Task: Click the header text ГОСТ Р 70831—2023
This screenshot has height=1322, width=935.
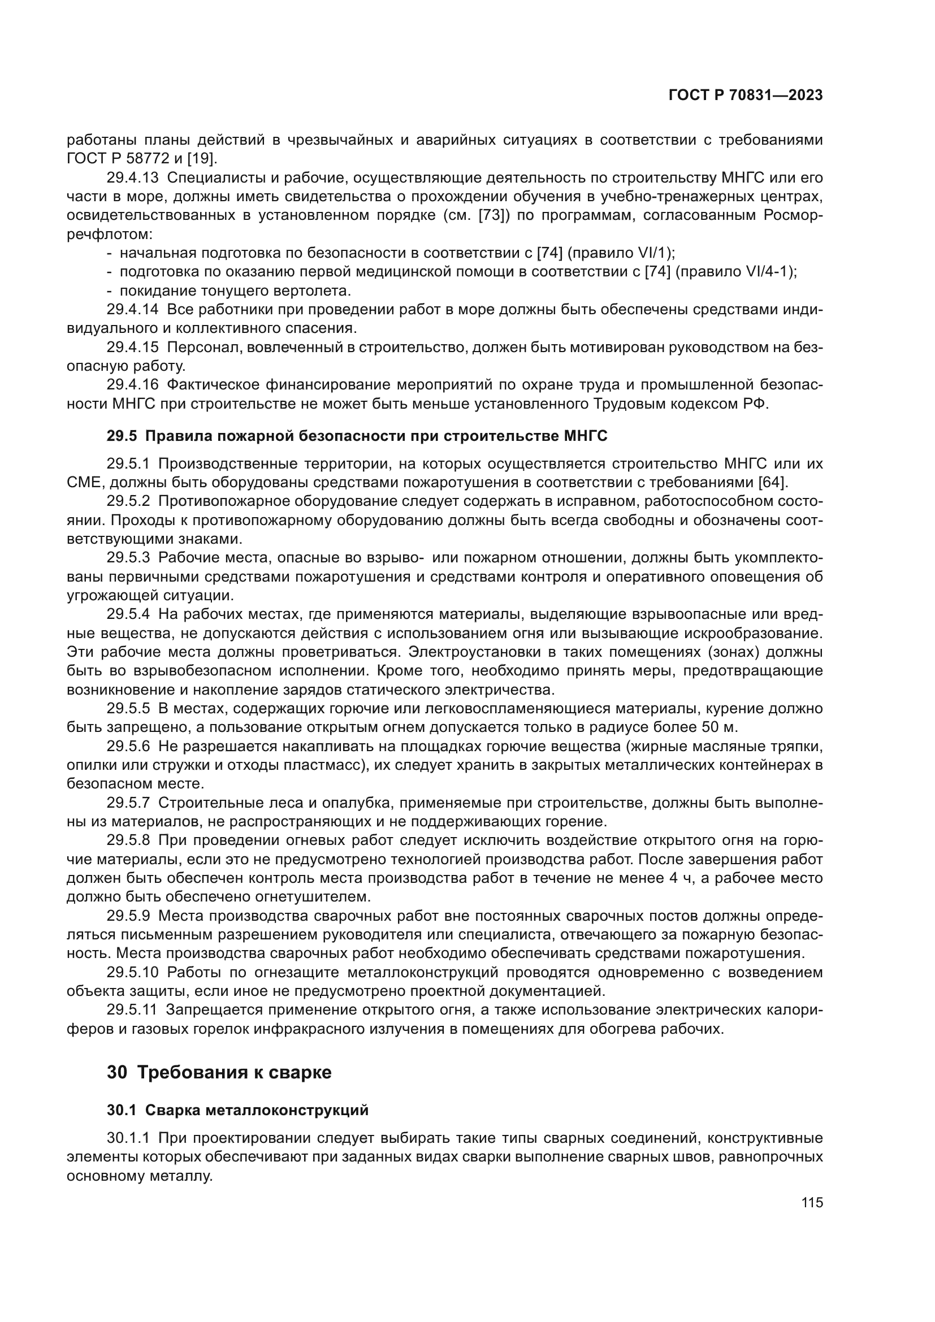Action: point(745,96)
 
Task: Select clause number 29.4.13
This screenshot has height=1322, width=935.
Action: point(132,178)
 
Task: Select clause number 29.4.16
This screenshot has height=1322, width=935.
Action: point(132,385)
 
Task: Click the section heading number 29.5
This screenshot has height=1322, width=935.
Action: point(122,436)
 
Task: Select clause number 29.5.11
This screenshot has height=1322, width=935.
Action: point(132,1010)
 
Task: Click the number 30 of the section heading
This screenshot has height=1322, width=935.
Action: point(117,1073)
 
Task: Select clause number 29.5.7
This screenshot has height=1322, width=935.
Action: point(128,803)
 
